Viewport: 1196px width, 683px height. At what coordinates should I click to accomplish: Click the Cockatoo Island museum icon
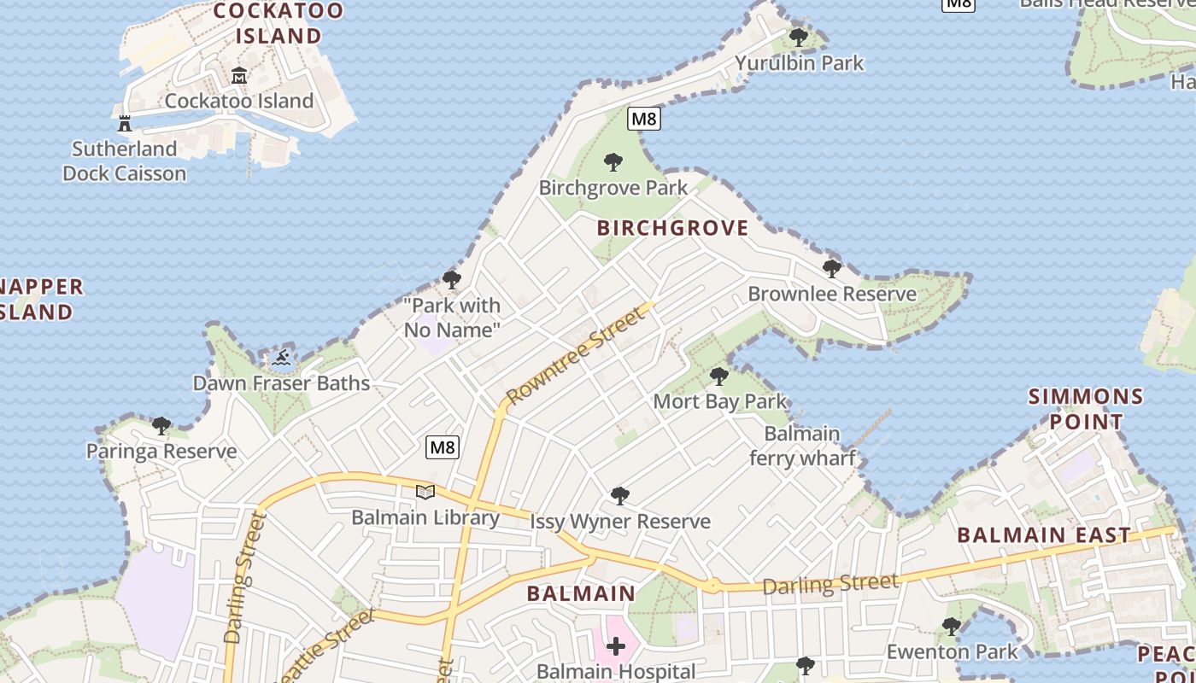click(238, 76)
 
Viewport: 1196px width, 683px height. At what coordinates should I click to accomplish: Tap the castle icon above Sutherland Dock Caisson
click(125, 124)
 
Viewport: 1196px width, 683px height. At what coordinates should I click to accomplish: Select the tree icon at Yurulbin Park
click(799, 38)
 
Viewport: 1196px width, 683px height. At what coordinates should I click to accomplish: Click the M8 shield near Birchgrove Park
click(643, 119)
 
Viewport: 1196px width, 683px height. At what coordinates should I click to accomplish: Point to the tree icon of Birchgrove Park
click(613, 161)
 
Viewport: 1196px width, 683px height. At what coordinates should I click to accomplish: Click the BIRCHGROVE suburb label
click(672, 228)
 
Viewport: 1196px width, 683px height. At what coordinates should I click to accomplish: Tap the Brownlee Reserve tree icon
click(831, 269)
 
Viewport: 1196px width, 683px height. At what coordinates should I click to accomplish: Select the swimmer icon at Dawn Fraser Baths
click(281, 358)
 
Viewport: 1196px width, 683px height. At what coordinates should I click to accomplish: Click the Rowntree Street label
click(574, 357)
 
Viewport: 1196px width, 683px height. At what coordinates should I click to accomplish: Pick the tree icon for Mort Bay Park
click(719, 376)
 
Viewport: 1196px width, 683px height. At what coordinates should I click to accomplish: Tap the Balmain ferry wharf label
click(802, 446)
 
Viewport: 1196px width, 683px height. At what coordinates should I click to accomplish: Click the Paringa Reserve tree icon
click(161, 425)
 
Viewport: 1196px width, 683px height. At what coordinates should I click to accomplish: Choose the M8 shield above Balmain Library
click(443, 447)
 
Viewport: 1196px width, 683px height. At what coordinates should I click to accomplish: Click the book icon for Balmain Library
click(425, 492)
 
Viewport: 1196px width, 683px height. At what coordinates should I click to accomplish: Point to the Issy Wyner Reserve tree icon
click(620, 496)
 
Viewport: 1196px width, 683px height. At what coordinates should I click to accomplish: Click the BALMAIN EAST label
click(1044, 535)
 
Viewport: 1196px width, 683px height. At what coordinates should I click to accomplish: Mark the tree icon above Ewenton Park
click(952, 627)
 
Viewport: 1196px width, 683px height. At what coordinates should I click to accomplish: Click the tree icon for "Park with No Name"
click(452, 279)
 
